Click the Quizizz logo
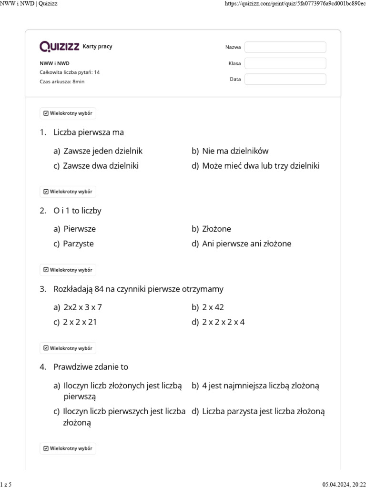60,46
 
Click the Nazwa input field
285,47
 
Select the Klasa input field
285,63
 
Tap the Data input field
285,79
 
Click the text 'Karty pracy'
98,47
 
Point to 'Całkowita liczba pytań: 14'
70,72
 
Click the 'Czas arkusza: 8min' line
62,81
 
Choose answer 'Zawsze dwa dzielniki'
101,166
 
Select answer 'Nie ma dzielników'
235,151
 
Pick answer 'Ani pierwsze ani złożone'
246,244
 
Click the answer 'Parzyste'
78,244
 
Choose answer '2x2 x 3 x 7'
82,307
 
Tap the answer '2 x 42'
213,307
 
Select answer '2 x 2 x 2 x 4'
223,322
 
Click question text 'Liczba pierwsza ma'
89,132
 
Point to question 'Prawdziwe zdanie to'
91,367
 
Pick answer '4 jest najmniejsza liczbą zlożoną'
260,386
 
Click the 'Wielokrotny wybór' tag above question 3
68,270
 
